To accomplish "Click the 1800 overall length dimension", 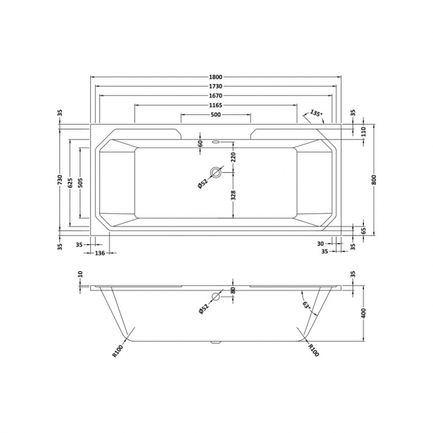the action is coord(215,77).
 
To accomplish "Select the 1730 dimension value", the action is coord(215,87).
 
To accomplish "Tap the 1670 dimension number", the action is coord(215,96).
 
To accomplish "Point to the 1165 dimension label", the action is coord(215,105).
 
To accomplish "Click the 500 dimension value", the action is coord(215,114).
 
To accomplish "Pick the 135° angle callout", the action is coord(316,113).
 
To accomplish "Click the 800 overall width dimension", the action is coord(374,180).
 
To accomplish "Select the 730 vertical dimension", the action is coord(61,180).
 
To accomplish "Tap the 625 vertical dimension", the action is coord(70,183).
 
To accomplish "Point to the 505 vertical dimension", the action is coord(80,183).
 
